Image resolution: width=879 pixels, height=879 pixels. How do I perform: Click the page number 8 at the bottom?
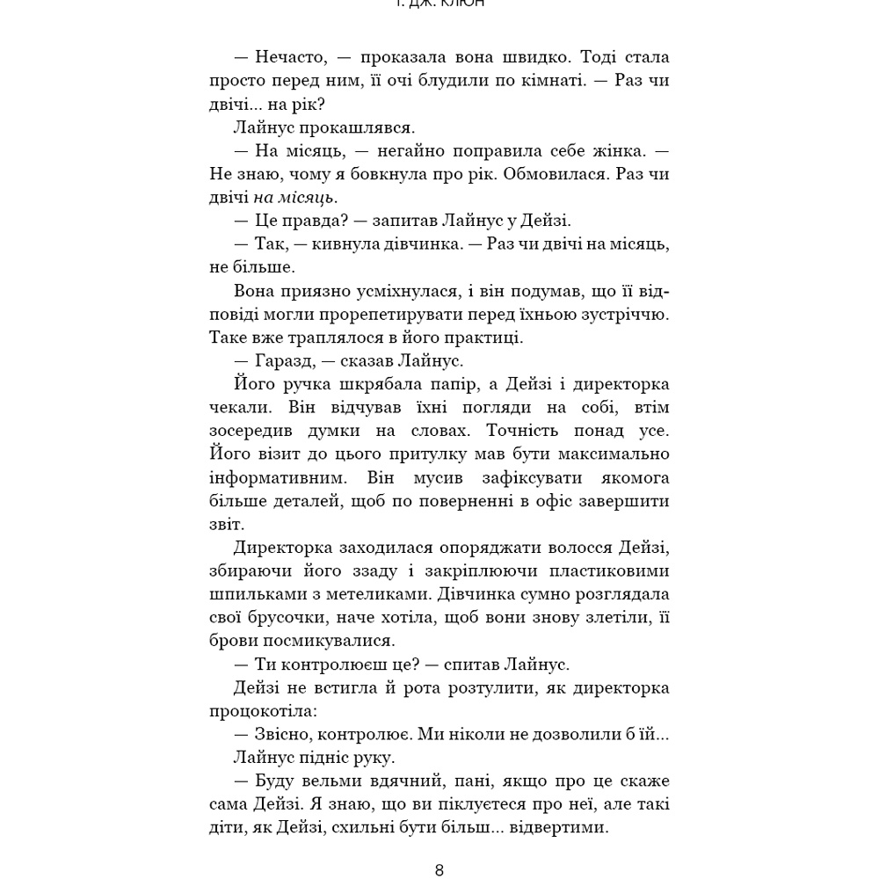click(439, 870)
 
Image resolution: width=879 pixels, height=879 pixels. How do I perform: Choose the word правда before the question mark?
click(308, 221)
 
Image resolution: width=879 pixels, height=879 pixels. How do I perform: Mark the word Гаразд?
click(288, 360)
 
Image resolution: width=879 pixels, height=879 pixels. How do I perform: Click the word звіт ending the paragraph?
click(225, 524)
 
